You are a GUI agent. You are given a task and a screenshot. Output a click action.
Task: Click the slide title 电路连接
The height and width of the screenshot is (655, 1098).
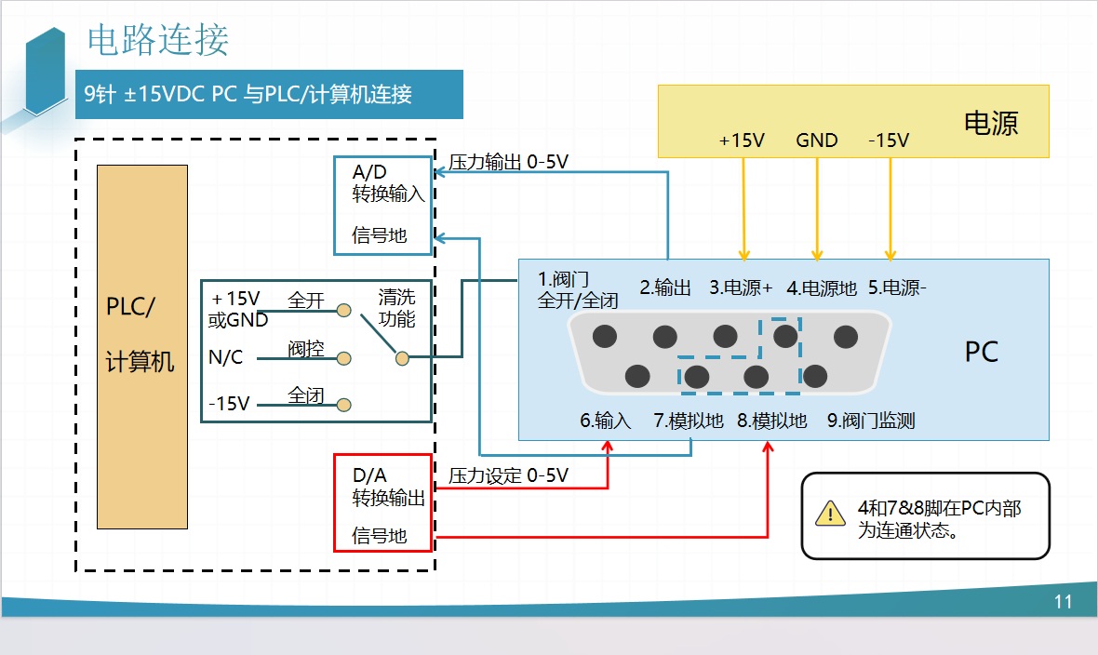pos(157,39)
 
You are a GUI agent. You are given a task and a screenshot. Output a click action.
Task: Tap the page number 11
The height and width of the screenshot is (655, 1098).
pos(1064,602)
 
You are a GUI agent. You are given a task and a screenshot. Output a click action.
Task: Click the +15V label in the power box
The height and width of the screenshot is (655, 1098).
pos(742,140)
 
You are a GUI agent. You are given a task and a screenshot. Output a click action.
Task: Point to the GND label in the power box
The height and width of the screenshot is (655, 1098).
pos(817,140)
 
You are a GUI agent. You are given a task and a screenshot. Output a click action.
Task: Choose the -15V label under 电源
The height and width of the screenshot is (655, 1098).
pos(889,140)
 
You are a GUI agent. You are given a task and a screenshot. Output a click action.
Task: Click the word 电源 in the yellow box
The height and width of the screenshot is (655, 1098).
pos(991,123)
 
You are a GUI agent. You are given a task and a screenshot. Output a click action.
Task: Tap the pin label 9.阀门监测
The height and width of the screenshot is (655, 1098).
pos(871,421)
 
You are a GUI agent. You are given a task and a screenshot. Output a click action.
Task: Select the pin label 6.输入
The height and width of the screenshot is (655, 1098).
pos(606,421)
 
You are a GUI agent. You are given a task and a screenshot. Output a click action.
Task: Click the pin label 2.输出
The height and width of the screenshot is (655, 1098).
pos(665,287)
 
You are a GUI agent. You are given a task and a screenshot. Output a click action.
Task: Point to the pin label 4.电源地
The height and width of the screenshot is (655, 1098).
pos(822,287)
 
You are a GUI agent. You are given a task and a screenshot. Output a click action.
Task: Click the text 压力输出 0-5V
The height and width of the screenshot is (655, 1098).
pos(508,162)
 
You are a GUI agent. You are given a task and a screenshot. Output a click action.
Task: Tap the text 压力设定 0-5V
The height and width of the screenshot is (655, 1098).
pos(508,475)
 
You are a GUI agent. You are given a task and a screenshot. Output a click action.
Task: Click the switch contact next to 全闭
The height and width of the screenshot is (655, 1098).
pos(343,405)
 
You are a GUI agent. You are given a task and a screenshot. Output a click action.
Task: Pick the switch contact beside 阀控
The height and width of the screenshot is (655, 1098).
pos(343,357)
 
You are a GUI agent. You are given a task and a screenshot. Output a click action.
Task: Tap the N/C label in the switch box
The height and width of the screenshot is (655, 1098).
pos(226,356)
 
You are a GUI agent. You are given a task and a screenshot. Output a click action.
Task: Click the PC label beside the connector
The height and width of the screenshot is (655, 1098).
pos(981,353)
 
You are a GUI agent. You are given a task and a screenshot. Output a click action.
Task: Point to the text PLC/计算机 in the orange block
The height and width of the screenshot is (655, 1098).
pos(141,334)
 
